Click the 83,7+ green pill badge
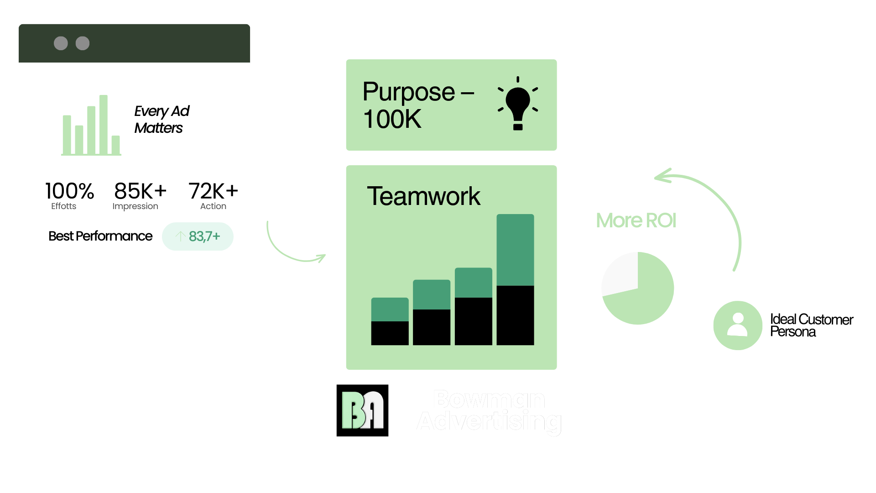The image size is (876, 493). tap(198, 236)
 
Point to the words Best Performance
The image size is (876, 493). tap(100, 236)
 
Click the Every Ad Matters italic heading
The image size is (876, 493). tap(162, 120)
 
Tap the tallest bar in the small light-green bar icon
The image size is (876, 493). tap(104, 124)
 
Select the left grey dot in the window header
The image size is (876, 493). tap(61, 43)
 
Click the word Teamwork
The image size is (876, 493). tap(423, 196)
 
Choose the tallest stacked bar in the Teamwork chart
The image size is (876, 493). tap(515, 279)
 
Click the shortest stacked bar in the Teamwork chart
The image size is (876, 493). tap(390, 321)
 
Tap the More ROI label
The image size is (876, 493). tap(636, 220)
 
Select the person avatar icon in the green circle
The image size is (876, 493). tap(738, 325)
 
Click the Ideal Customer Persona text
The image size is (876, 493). tap(811, 325)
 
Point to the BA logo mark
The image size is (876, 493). tap(363, 410)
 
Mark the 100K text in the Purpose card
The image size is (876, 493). tap(392, 120)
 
